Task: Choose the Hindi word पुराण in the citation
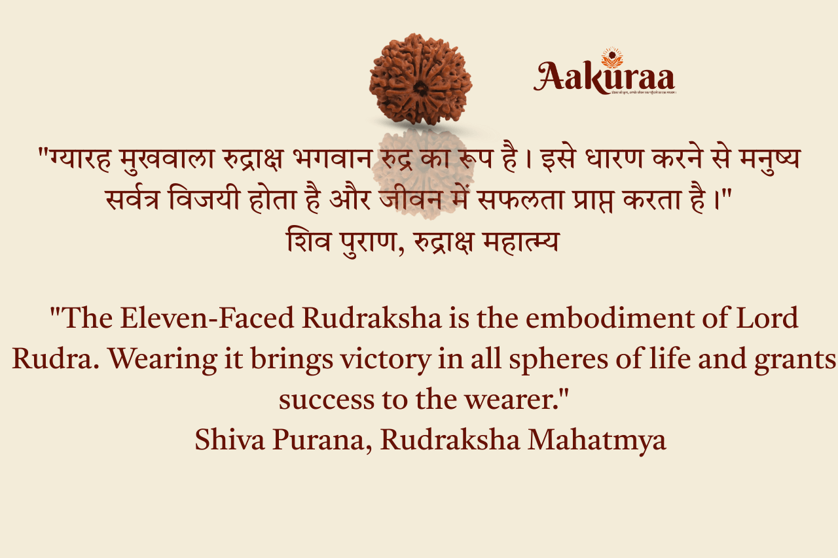(x=359, y=242)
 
